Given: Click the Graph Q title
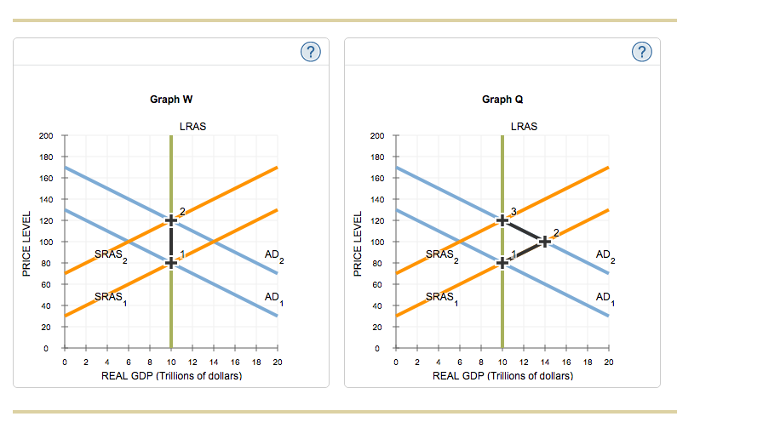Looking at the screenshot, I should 502,100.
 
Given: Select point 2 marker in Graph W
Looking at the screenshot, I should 171,220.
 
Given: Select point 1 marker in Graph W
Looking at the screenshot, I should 171,263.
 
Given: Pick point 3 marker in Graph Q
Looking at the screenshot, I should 502,220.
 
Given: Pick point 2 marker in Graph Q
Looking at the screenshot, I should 545,242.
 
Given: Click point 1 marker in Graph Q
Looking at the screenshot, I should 502,263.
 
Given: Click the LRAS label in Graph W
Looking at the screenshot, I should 192,127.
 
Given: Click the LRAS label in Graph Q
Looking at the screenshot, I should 524,127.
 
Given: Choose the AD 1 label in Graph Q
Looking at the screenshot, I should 605,298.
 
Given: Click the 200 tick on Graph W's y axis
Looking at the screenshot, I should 46,136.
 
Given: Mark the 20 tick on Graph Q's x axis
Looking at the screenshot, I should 608,362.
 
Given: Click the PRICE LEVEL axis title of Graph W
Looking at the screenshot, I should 27,242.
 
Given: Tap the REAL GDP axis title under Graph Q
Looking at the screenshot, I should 502,375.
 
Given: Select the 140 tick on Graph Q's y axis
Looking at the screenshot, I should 377,200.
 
